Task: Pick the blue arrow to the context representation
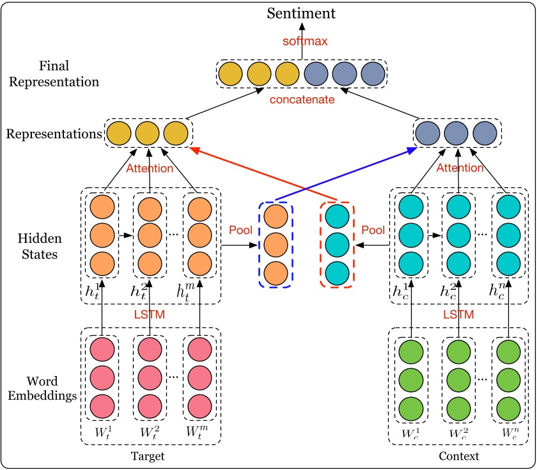coord(345,173)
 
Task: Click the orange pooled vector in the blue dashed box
coord(276,244)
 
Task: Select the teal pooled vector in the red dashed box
coord(337,244)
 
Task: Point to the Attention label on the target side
coord(149,169)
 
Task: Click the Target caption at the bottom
coord(148,457)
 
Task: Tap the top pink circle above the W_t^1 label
coord(102,350)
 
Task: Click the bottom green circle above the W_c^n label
coord(509,407)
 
